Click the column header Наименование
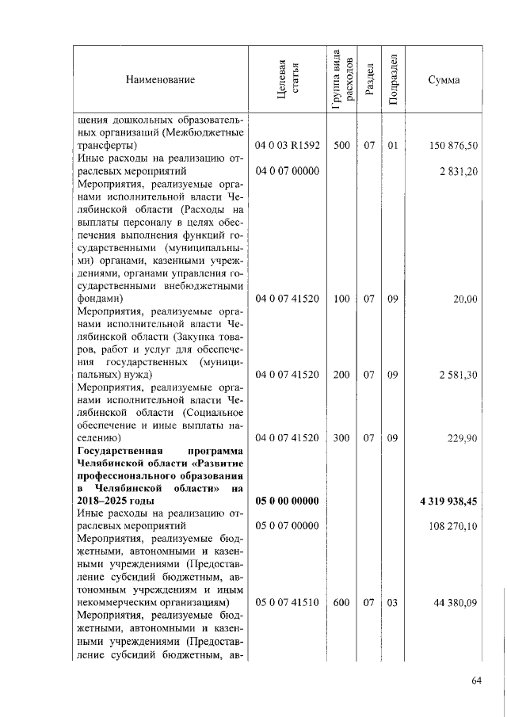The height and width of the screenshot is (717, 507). coord(159,79)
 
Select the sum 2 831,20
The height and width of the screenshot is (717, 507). coord(459,170)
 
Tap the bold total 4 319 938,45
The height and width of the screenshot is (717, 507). coord(449,501)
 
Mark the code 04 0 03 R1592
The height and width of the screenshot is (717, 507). coord(287,146)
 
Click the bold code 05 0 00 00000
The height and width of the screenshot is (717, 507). coord(287,501)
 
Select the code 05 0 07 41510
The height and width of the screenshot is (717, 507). coord(287,602)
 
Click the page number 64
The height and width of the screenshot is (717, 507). coord(476,682)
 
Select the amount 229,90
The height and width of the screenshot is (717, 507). coord(461,437)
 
